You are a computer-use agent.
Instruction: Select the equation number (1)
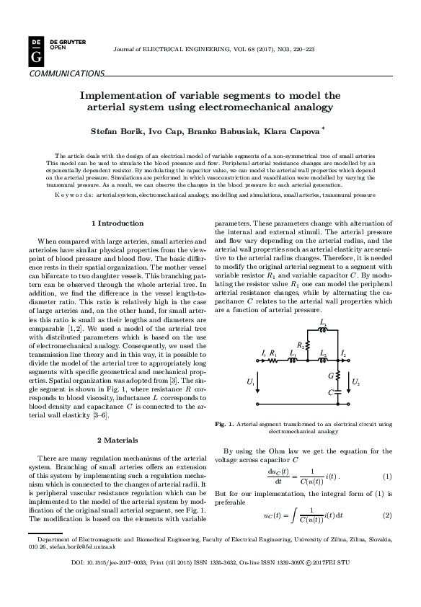(386, 477)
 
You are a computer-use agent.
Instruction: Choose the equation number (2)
(386, 515)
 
